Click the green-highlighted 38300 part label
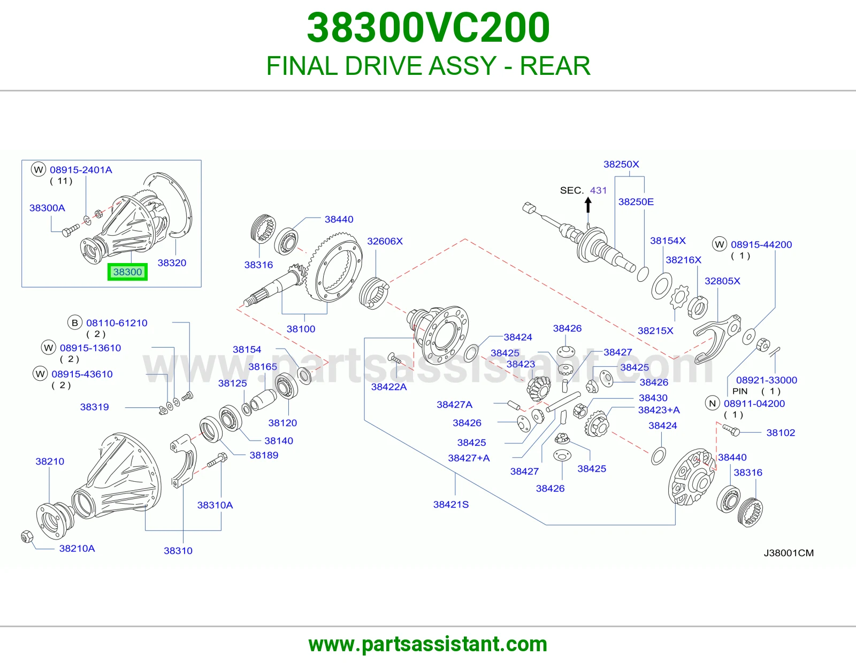click(128, 272)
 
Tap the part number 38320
click(172, 263)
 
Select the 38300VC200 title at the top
click(428, 28)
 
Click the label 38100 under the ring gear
click(301, 329)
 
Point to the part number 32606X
click(385, 241)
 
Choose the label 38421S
click(451, 504)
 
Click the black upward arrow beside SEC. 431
click(588, 205)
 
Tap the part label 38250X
click(621, 164)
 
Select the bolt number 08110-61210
click(117, 323)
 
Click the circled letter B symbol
click(74, 323)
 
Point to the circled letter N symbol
click(712, 404)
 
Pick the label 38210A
click(77, 549)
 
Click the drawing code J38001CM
click(789, 553)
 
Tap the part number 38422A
click(389, 387)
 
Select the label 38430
click(653, 398)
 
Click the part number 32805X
click(722, 281)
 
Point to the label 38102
click(781, 433)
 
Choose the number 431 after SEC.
click(598, 190)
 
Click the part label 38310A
click(215, 505)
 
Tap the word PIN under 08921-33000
click(740, 391)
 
